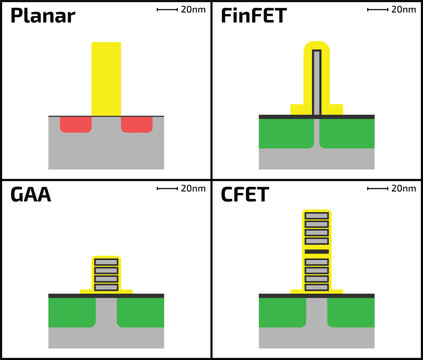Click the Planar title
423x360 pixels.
coord(42,19)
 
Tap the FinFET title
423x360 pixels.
coord(258,19)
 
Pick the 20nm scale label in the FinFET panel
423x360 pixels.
coord(403,9)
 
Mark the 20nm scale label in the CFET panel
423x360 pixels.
coord(403,188)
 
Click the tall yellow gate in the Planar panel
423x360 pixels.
coord(106,76)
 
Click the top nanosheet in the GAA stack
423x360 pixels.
coord(106,262)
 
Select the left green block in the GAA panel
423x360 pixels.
coord(71,312)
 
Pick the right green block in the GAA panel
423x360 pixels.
coord(141,312)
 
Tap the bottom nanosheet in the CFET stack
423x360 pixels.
coord(317,287)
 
